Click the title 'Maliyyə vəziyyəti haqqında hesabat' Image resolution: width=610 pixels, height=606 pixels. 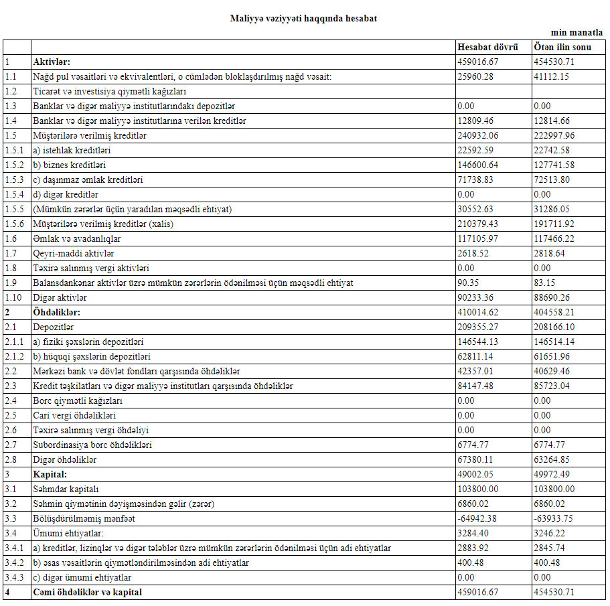303,19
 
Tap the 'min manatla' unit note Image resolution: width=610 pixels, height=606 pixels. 577,32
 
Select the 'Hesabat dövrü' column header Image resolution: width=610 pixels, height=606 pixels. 487,47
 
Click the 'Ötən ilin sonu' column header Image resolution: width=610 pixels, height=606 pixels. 562,47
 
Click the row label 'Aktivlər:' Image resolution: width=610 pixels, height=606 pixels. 52,62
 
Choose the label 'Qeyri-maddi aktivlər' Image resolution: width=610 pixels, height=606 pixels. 74,253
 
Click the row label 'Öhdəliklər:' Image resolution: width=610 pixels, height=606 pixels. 57,312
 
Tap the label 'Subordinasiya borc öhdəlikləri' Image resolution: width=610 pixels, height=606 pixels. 92,445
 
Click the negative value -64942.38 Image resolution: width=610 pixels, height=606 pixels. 476,518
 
